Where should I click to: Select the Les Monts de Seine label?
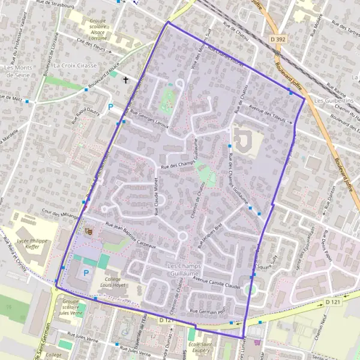[x=18, y=71]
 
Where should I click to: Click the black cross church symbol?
[x=126, y=79]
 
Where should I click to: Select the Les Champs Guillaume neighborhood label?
[x=185, y=269]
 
